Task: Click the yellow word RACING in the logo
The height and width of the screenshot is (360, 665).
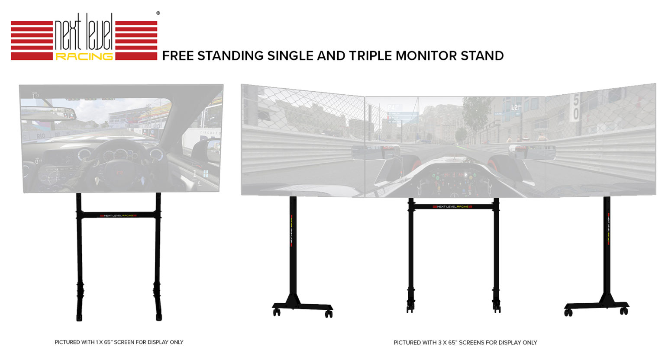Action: click(x=84, y=56)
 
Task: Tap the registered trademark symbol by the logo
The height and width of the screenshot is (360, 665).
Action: click(x=158, y=13)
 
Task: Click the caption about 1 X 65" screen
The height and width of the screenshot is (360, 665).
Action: click(x=119, y=342)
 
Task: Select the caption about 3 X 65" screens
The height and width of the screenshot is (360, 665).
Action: click(x=465, y=343)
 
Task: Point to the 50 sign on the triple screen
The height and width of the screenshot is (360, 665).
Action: click(x=575, y=107)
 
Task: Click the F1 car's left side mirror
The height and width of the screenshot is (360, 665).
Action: click(x=370, y=152)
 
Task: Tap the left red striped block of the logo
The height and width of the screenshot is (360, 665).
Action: click(x=32, y=40)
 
